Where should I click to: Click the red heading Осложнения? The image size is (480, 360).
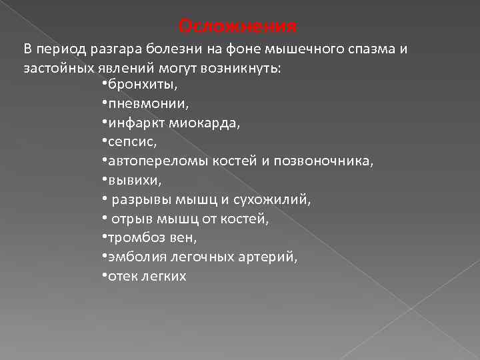pyautogui.click(x=238, y=27)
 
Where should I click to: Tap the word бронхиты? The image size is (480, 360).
pyautogui.click(x=137, y=85)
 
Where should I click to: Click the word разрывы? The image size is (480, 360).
pyautogui.click(x=137, y=199)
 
